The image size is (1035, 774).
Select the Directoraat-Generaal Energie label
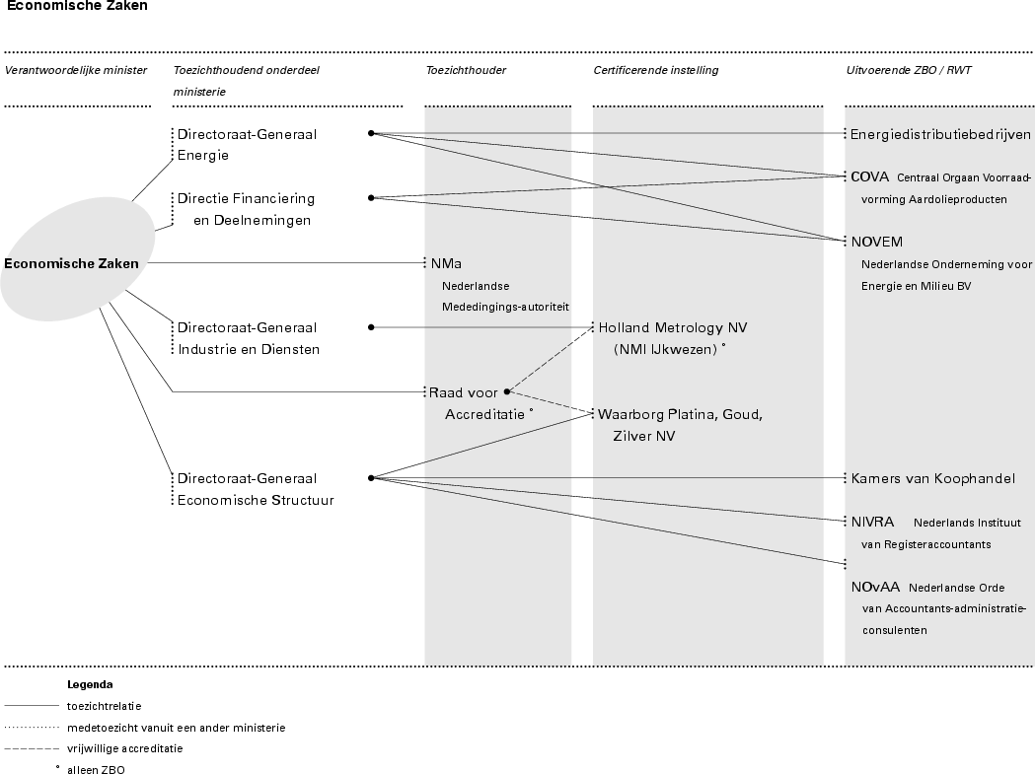pos(247,144)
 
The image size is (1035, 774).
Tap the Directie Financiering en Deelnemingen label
pos(246,209)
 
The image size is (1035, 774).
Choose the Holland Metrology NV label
pos(673,337)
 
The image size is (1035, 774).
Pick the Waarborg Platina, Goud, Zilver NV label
pos(680,425)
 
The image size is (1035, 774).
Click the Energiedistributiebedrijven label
pos(940,134)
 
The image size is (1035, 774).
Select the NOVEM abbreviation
pos(877,242)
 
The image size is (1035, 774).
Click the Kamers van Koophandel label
pos(932,479)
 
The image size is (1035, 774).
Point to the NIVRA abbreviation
pos(873,523)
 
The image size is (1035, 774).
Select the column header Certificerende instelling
pos(655,70)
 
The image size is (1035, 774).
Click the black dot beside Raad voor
pos(506,391)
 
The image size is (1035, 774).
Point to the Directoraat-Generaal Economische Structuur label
pos(255,489)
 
